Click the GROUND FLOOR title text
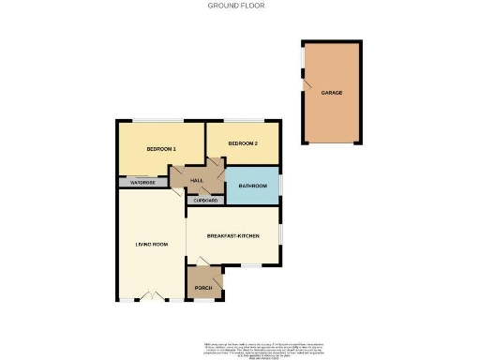235,5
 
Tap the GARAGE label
330,94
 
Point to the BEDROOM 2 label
243,143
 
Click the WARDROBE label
142,183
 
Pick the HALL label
197,180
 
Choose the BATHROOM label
252,187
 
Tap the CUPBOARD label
206,201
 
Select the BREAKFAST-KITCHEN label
232,234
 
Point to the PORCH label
203,287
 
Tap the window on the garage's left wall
302,58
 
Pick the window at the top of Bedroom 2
253,121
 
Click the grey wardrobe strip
142,183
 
